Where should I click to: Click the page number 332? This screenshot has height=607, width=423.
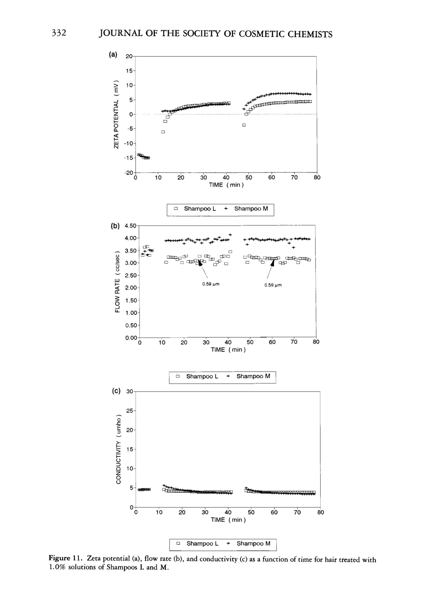[x=59, y=33]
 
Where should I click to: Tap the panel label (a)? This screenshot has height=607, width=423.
[x=113, y=55]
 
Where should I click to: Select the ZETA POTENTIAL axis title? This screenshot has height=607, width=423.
[x=116, y=114]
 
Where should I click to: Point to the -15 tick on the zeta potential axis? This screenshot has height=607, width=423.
[x=130, y=158]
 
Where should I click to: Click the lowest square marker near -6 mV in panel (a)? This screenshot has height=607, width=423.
[x=163, y=132]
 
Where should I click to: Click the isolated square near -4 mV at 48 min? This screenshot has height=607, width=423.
[x=244, y=125]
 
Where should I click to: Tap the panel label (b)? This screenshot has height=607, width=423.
[x=115, y=226]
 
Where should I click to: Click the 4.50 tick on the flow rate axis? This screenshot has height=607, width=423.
[x=130, y=226]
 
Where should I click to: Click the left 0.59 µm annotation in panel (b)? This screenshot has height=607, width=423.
[x=211, y=284]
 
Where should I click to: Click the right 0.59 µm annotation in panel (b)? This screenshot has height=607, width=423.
[x=273, y=285]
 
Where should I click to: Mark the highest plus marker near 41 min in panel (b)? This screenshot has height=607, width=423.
[x=230, y=235]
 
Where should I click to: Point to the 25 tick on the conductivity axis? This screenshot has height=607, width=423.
[x=129, y=411]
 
